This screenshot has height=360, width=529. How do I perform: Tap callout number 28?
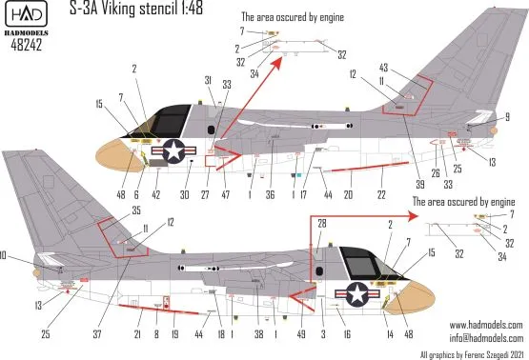point(321,222)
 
